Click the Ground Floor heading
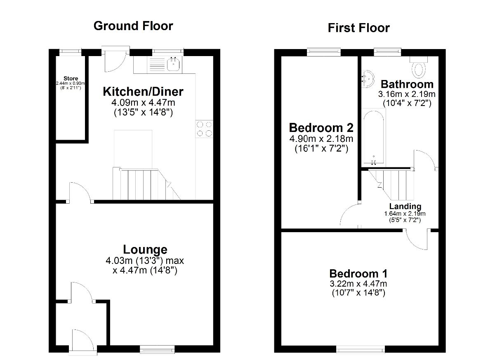point(133,26)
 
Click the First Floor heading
point(358,28)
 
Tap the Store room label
point(71,78)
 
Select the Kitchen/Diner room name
point(143,92)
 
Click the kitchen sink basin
point(174,64)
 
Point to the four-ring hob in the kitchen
point(204,129)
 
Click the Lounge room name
point(145,249)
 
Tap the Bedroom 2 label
point(321,128)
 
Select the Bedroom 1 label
point(358,274)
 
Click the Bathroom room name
point(407,85)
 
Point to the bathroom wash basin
point(368,79)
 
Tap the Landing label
point(405,206)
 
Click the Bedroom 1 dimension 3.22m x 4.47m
point(358,284)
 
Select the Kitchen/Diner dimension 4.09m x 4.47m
point(143,103)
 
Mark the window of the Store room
point(70,51)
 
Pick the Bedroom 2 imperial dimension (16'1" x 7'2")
point(321,148)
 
